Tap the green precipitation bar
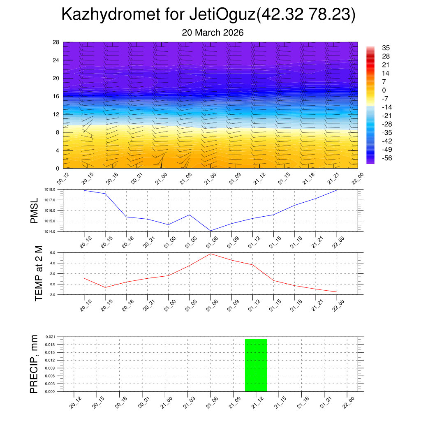click(x=256, y=365)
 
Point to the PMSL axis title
click(x=35, y=210)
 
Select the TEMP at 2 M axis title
click(x=39, y=273)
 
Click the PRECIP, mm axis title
click(x=34, y=364)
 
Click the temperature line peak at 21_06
click(x=210, y=254)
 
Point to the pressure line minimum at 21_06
click(x=210, y=231)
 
